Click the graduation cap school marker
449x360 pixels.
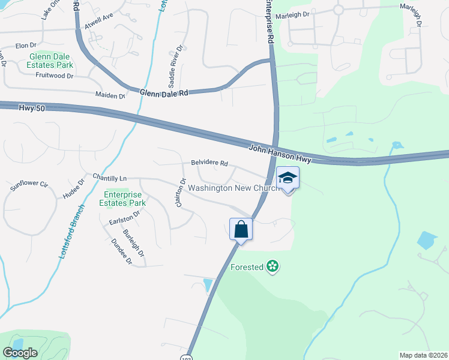tap(288, 178)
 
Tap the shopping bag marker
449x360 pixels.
tap(241, 229)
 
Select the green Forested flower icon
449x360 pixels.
tap(273, 266)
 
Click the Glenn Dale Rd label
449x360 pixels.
tap(164, 93)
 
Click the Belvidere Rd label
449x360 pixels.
tap(209, 163)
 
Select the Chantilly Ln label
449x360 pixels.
tap(110, 178)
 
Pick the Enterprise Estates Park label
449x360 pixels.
tap(124, 199)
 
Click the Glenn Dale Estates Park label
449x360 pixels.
tap(50, 61)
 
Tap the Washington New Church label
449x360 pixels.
tap(234, 188)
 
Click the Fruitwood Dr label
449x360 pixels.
tap(54, 76)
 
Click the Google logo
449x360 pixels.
tap(20, 353)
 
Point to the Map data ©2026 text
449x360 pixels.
tap(423, 355)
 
